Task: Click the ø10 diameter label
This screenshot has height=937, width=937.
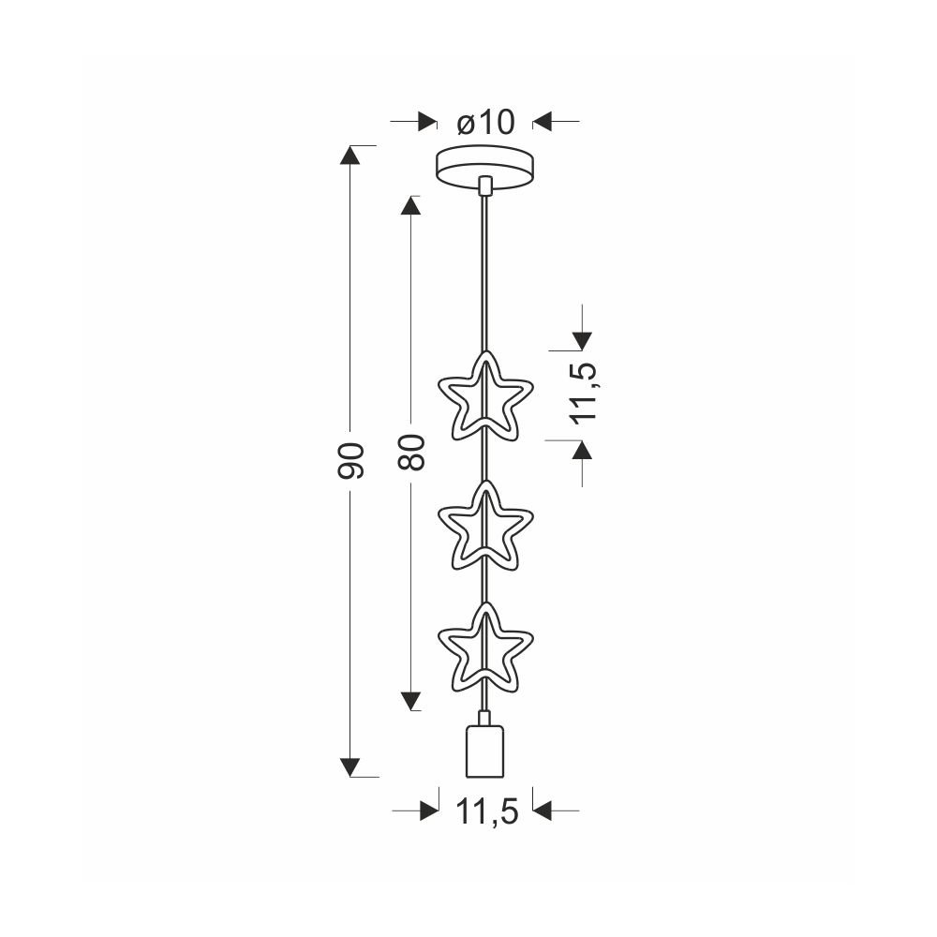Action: point(485,123)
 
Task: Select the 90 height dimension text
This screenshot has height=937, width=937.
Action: point(350,461)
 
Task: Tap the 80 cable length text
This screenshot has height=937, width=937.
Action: point(411,452)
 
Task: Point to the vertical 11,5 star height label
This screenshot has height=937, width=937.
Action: point(584,393)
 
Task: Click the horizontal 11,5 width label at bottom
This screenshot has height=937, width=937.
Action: point(487,811)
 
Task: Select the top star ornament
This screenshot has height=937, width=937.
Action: point(485,395)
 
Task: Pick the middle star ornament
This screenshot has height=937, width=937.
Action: point(485,526)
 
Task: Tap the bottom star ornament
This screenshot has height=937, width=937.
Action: point(485,647)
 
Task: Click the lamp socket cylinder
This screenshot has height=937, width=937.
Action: point(485,751)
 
